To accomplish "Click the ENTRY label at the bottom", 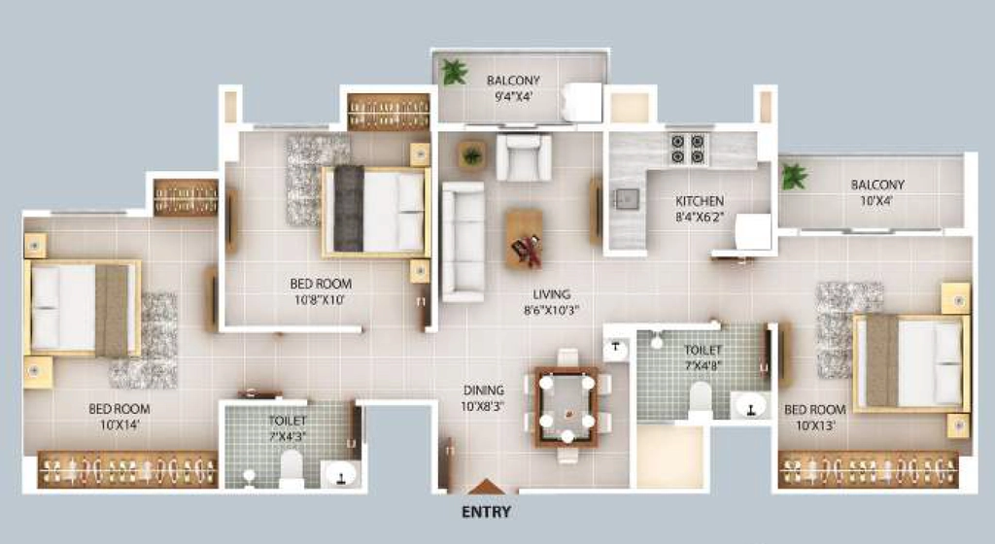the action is pyautogui.click(x=486, y=512).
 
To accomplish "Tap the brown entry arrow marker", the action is pyautogui.click(x=487, y=487).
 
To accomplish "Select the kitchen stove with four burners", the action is pyautogui.click(x=688, y=149).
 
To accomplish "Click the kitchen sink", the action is pyautogui.click(x=626, y=200).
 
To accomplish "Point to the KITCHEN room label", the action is pyautogui.click(x=700, y=201).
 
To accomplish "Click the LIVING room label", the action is pyautogui.click(x=552, y=294).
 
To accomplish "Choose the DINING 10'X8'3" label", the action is pyautogui.click(x=484, y=398).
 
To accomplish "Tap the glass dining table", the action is pyautogui.click(x=566, y=406).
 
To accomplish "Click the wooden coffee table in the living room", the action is pyautogui.click(x=524, y=238).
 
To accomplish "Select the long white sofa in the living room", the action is pyautogui.click(x=463, y=242).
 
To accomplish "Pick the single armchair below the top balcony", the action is pyautogui.click(x=524, y=157).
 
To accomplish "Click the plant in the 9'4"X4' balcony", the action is pyautogui.click(x=455, y=72).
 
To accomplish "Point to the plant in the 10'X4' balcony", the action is pyautogui.click(x=794, y=176).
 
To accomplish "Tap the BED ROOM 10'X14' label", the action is pyautogui.click(x=120, y=417).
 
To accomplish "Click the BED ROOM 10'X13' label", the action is pyautogui.click(x=815, y=417).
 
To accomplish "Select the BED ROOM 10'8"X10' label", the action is pyautogui.click(x=321, y=291).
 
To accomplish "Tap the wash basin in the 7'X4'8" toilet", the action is pyautogui.click(x=751, y=405).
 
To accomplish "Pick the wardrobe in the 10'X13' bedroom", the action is pyautogui.click(x=868, y=470).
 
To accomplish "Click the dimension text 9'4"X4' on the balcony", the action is pyautogui.click(x=513, y=96).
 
